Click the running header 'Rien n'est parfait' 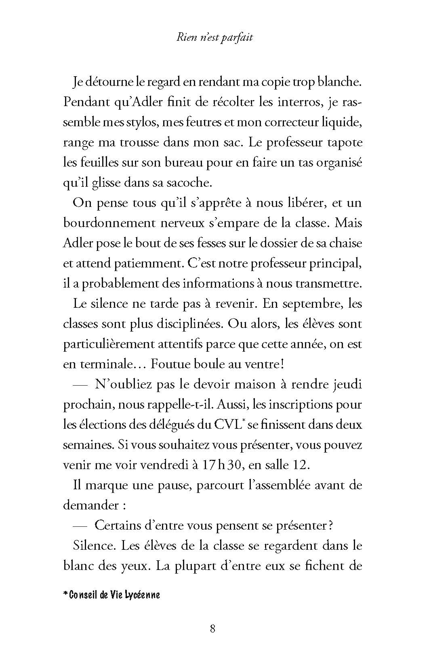(215, 38)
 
